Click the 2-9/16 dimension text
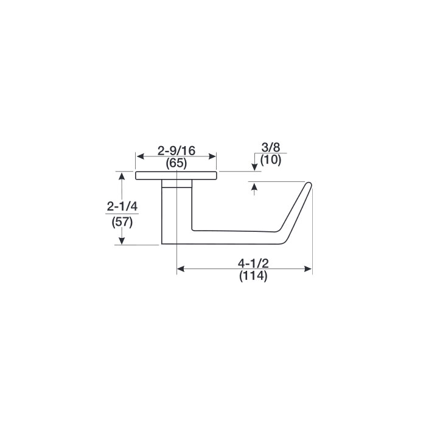pos(176,150)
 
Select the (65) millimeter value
pos(176,164)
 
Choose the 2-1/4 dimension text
pos(122,207)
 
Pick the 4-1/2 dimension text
pos(253,264)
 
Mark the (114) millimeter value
pos(253,277)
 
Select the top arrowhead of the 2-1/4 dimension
pos(122,176)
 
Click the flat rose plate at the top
pos(176,176)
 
